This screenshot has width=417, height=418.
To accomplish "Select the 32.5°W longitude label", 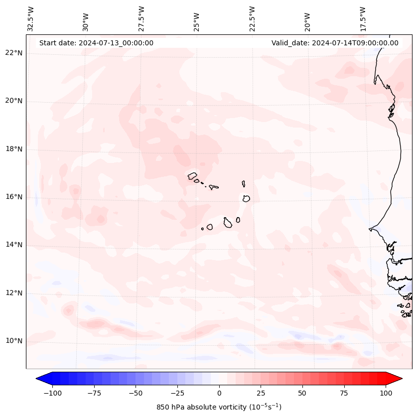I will coord(31,19).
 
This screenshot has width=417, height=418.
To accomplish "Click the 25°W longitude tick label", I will coord(197,19).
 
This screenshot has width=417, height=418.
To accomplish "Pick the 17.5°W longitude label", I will coord(363,19).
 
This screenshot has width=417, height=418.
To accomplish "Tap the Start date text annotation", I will coord(96,43).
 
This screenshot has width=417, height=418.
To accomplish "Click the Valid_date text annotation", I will coord(335,43).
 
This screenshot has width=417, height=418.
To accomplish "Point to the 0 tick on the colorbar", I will coord(219,393).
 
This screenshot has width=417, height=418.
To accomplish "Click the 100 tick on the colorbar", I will coord(386,393).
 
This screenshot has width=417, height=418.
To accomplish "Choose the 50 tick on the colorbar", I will coord(302,393).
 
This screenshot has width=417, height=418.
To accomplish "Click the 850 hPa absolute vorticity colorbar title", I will coord(219,407).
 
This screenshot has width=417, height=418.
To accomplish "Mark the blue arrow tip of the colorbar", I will coord(38,379).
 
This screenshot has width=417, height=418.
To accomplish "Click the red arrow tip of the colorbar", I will coord(401,379).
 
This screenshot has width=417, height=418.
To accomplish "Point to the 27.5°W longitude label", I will coord(141,19).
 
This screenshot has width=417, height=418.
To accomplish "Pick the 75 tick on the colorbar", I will coord(344,393).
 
